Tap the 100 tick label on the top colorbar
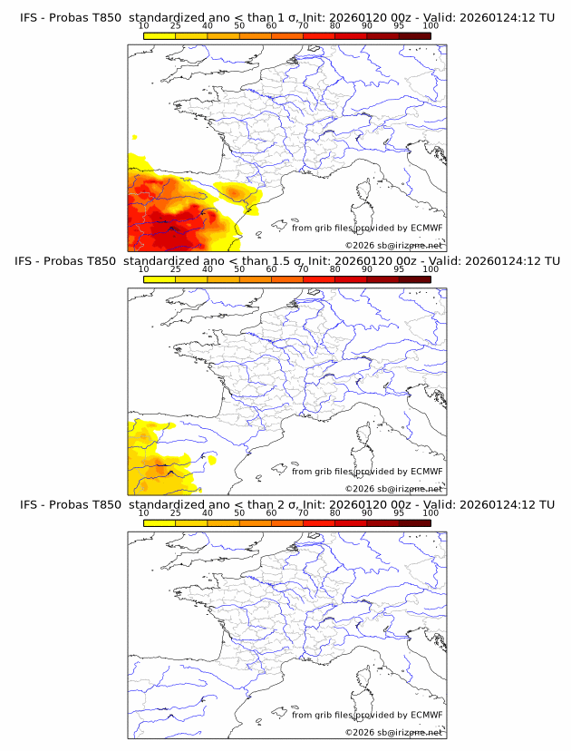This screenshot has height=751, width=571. (x=431, y=25)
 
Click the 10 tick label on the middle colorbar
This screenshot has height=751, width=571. (x=144, y=269)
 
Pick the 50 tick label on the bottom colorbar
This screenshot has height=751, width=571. (x=239, y=512)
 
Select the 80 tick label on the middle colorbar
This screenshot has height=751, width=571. (x=335, y=269)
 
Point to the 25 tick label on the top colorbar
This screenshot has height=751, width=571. (x=176, y=25)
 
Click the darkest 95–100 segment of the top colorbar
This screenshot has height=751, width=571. (x=415, y=35)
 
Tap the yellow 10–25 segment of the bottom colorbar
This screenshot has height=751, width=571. (x=160, y=522)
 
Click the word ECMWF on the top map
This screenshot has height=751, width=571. (x=427, y=228)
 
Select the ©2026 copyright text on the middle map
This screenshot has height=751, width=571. (x=360, y=489)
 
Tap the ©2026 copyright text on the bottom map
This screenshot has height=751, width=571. (x=360, y=732)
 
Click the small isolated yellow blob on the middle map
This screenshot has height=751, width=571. (x=213, y=460)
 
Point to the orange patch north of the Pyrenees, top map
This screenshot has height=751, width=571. (x=237, y=192)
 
